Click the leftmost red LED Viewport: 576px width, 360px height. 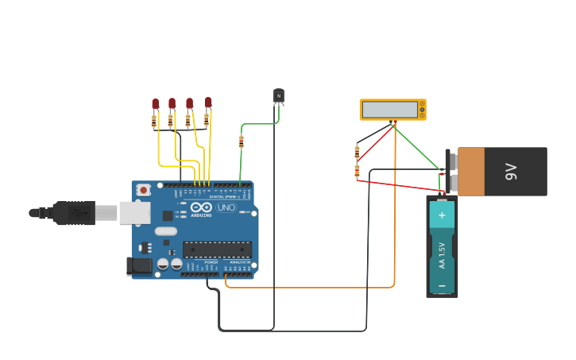[x=156, y=104]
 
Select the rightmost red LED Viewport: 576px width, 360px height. [x=208, y=103]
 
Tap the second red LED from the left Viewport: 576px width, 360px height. [x=172, y=103]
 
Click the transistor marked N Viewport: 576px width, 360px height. [x=278, y=96]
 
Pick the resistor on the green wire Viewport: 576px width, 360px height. [x=242, y=141]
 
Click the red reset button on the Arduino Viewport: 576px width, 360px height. [x=144, y=190]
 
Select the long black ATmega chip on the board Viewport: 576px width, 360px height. [x=217, y=250]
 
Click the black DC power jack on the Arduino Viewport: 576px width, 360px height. [x=139, y=266]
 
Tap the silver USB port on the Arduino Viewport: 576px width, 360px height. [x=134, y=212]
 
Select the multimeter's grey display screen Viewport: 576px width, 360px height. [x=389, y=110]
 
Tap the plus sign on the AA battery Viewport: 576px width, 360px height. [x=442, y=215]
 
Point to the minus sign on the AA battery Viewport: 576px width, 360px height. [x=442, y=284]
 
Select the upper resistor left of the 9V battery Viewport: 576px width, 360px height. [x=357, y=152]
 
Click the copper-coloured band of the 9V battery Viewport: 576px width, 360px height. [x=470, y=171]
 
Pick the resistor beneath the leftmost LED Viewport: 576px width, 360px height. [x=154, y=122]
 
